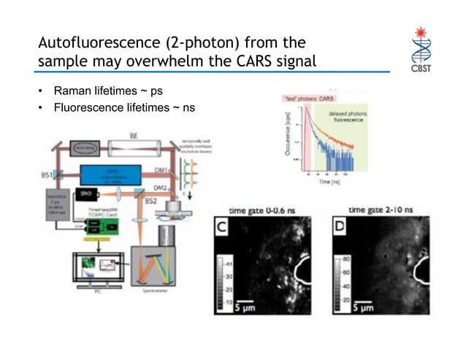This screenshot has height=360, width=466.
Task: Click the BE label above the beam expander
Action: coord(134,136)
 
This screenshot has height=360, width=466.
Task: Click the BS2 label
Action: coord(151,201)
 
